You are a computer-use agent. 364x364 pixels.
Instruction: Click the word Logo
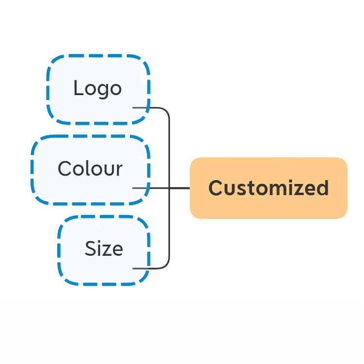click(98, 89)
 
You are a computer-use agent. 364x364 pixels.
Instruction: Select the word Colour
click(90, 168)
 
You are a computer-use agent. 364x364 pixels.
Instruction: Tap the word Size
click(104, 248)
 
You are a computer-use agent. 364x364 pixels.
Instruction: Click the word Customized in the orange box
click(268, 188)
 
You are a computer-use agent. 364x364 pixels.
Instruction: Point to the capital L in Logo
click(78, 87)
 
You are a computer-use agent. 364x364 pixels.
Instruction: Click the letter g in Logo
click(102, 91)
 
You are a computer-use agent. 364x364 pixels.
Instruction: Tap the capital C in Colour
click(65, 168)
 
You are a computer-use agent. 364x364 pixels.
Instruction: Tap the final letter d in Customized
click(322, 188)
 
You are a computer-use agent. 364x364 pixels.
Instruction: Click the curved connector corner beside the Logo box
click(166, 112)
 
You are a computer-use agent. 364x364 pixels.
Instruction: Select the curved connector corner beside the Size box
click(166, 265)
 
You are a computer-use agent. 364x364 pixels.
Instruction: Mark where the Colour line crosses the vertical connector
click(169, 188)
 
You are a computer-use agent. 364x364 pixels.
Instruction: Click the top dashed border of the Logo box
click(98, 56)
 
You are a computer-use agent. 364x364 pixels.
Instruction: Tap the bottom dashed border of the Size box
click(102, 284)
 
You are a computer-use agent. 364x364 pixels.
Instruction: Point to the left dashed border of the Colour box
click(32, 169)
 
